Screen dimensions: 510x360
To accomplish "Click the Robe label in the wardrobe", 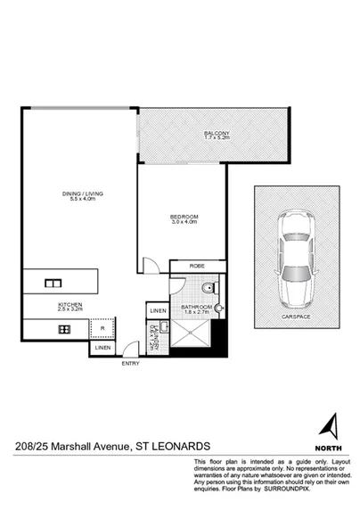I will click(x=199, y=266).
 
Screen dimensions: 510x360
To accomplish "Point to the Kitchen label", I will click(x=71, y=307).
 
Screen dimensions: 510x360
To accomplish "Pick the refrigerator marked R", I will click(x=103, y=328).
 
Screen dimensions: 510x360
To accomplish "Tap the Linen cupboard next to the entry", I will click(x=103, y=348).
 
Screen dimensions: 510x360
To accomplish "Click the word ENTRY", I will click(x=131, y=363).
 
